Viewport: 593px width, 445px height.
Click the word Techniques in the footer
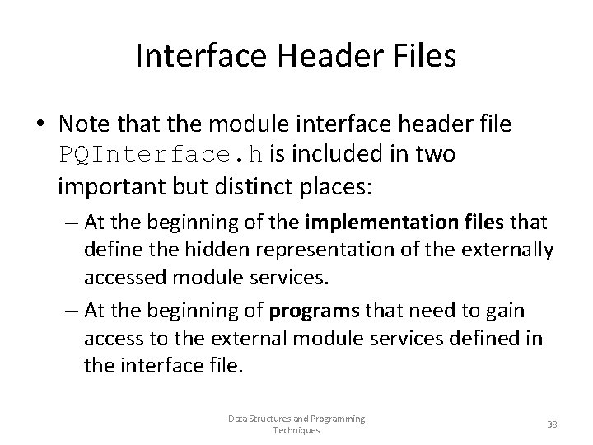click(x=296, y=431)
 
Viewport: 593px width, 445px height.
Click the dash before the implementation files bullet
click(x=71, y=222)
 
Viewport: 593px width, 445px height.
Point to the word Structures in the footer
click(x=268, y=419)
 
